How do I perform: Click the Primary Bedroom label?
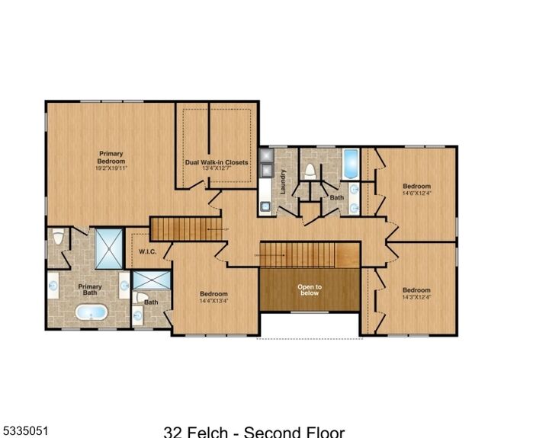point(110,157)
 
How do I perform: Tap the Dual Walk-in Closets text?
point(217,162)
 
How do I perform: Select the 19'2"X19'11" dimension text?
point(110,168)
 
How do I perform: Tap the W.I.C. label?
point(147,251)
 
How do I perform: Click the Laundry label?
point(282,181)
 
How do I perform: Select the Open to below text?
point(309,289)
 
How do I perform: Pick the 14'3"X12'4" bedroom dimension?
point(416,297)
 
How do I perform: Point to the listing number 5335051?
point(26,430)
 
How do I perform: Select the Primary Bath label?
point(90,289)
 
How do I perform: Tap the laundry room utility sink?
point(265,204)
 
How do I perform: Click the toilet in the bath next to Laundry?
point(310,171)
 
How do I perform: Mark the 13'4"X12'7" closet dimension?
point(217,170)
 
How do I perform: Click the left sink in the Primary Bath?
point(53,287)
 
